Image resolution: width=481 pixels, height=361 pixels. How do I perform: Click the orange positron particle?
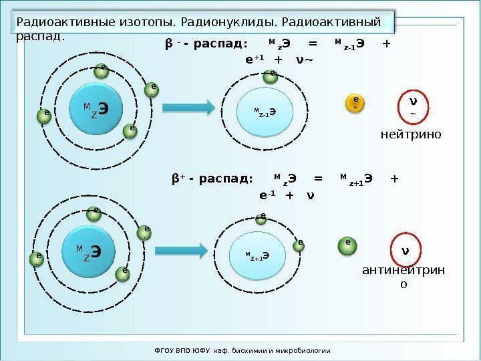(x=355, y=102)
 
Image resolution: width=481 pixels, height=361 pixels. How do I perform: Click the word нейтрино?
(x=410, y=135)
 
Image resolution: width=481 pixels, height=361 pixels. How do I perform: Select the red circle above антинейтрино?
(x=404, y=252)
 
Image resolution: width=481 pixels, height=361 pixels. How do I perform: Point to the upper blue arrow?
(x=188, y=107)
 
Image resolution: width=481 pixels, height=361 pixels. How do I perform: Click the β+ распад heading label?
(x=212, y=179)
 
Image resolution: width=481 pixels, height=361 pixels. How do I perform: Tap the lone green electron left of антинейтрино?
(x=348, y=245)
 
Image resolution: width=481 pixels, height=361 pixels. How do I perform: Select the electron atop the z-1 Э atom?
(x=271, y=76)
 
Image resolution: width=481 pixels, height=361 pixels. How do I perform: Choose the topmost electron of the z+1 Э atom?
(x=263, y=218)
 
